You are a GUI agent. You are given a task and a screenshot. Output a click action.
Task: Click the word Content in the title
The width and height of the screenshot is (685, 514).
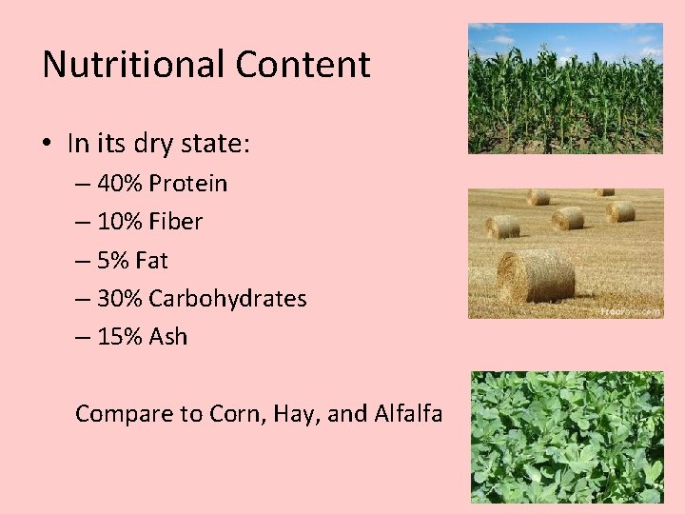tap(303, 65)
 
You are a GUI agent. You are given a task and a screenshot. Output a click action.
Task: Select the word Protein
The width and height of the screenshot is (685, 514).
tap(187, 184)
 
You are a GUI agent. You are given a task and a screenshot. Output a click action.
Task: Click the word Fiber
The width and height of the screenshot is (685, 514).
tap(176, 222)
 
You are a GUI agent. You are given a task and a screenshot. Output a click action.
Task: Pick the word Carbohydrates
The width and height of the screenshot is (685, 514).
tap(227, 299)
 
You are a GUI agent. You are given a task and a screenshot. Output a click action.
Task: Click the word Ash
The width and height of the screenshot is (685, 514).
tap(168, 337)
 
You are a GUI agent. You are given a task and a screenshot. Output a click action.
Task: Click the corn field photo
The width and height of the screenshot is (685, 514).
tap(565, 89)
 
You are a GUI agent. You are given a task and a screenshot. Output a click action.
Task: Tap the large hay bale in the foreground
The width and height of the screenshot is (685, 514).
tap(535, 277)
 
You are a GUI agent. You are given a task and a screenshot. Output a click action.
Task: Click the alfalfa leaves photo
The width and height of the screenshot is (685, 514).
tap(567, 437)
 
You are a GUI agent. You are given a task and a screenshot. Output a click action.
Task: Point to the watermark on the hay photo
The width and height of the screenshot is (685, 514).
tap(629, 310)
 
